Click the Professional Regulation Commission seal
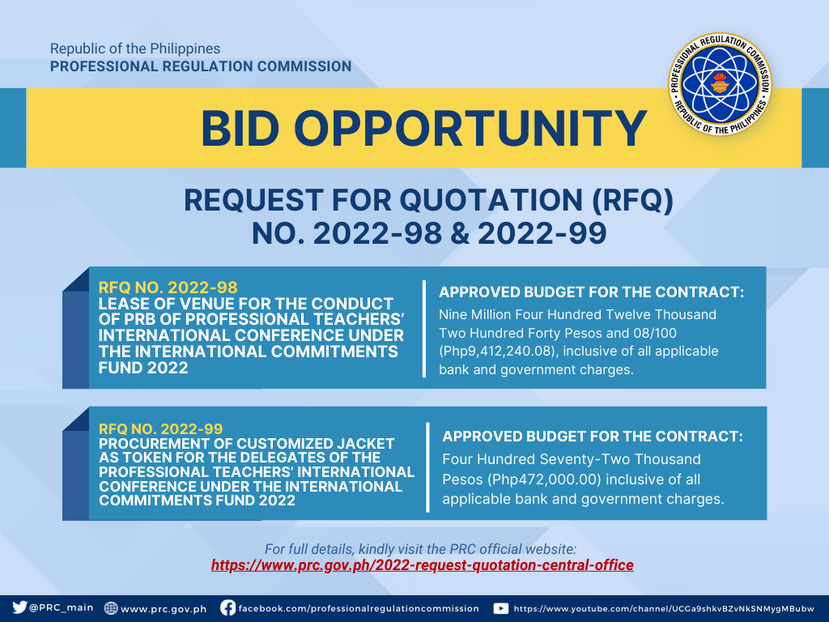coord(720,84)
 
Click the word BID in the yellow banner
coord(240,129)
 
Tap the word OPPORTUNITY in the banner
coord(470,129)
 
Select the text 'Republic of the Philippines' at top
coord(135,49)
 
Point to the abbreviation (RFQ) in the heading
coord(632,201)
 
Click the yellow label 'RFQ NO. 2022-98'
coord(168,288)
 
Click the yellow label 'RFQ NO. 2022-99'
coord(161,428)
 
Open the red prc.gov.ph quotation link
coord(422,565)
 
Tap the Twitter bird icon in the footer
coord(19,607)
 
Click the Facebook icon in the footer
coord(227,607)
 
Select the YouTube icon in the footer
coord(500,608)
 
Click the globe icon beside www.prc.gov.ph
coord(110,607)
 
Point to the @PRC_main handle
coord(62,607)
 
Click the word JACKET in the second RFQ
coord(363,444)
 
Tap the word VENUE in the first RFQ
coord(207,305)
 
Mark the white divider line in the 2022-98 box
coord(424,329)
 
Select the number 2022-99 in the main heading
coord(542,234)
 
